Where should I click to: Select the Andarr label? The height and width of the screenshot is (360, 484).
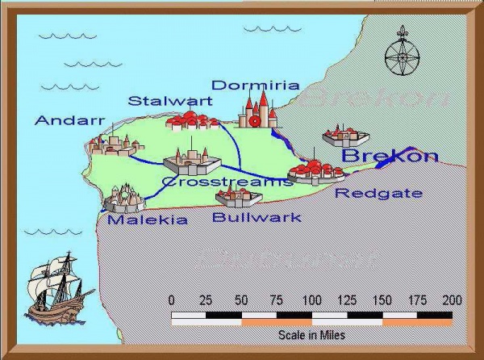[x=70, y=121]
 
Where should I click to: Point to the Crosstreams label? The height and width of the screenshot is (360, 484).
[x=227, y=182]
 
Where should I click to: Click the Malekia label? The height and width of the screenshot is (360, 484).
[x=148, y=220]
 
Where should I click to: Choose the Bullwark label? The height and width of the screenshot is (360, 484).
[x=257, y=216]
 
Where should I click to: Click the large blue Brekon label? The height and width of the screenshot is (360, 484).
[x=390, y=156]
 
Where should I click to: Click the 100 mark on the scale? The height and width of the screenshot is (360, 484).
[x=311, y=300]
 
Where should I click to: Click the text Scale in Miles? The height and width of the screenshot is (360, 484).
[x=311, y=333]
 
